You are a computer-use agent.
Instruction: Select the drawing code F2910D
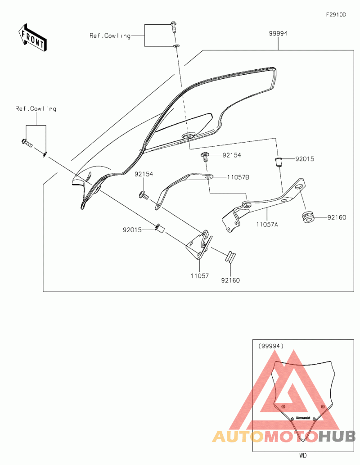336,15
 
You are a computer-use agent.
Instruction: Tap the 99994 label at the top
279,33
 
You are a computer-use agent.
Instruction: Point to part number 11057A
267,223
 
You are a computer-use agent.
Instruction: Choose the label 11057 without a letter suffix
199,275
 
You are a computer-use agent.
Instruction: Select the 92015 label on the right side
305,159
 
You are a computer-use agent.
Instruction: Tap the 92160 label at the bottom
230,280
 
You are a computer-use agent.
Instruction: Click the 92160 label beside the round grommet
337,217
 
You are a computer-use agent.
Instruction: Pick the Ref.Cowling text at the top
110,36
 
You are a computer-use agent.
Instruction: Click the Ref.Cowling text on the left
36,108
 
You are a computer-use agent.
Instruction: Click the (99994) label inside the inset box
271,346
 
